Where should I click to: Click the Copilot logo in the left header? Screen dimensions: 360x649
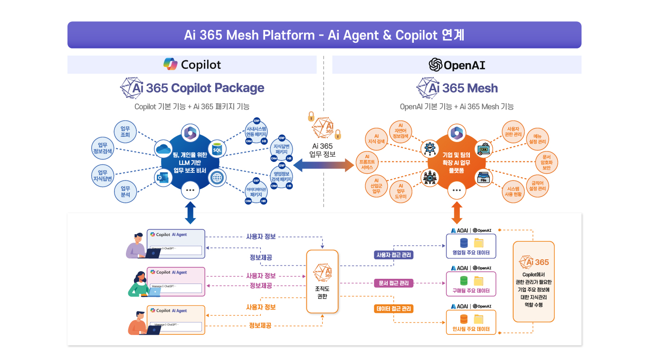click(171, 65)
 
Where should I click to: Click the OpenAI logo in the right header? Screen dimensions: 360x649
click(436, 65)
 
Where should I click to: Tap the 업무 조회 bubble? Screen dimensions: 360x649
click(125, 132)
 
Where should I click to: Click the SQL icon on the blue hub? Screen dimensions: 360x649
click(217, 149)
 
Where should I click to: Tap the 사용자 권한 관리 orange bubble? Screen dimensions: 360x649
click(514, 132)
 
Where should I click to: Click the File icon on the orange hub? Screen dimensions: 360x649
click(484, 177)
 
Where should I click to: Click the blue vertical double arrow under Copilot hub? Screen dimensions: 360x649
click(191, 212)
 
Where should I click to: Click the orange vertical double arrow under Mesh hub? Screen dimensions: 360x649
click(457, 212)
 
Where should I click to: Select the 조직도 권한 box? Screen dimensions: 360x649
click(323, 281)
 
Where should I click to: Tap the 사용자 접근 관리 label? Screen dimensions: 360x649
click(393, 255)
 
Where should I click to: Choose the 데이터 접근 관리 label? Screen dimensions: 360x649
click(393, 309)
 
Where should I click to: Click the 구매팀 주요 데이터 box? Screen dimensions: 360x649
click(471, 284)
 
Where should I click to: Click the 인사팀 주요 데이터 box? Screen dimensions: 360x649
click(471, 322)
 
